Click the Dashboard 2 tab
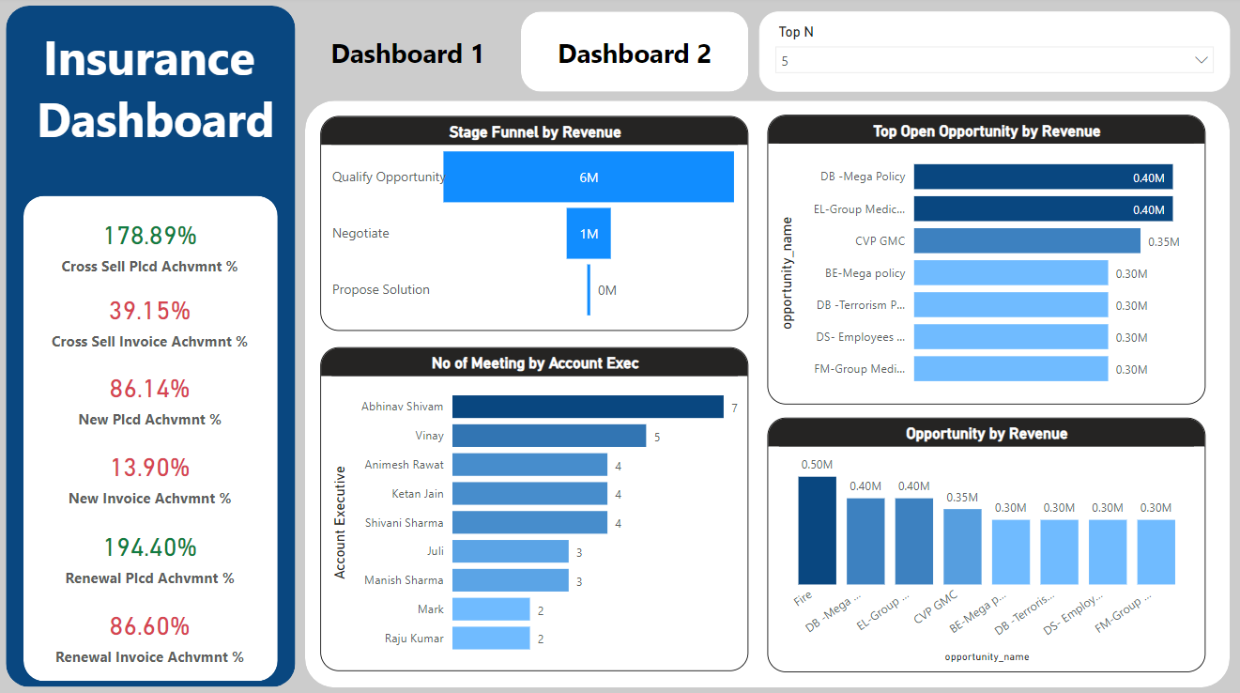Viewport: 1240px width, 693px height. coord(634,54)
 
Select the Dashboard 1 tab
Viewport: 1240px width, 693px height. coord(407,54)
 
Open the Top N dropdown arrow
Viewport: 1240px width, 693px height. coord(1201,61)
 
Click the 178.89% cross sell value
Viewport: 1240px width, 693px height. coord(150,236)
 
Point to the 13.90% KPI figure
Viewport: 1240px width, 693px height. coord(150,468)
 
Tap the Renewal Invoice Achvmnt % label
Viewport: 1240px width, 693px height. coord(150,657)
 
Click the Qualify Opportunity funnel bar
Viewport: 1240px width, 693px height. coord(589,177)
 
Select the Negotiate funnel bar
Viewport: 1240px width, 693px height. coord(589,234)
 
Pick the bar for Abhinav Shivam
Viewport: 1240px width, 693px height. coord(588,407)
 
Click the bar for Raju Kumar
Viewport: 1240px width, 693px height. coord(491,639)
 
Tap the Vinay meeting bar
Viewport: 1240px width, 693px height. coord(549,436)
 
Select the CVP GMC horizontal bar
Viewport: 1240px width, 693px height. coord(1027,241)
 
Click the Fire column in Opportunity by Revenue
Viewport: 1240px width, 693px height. coord(817,531)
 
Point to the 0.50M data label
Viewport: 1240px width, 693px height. coord(817,465)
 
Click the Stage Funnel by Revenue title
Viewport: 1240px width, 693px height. coord(534,132)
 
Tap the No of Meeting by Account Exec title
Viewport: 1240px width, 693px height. coord(534,363)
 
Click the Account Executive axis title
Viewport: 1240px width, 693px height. coord(341,522)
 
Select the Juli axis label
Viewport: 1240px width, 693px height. coord(436,551)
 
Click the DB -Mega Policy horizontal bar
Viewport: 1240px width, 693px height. coord(1043,177)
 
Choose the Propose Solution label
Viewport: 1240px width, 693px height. coord(381,290)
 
